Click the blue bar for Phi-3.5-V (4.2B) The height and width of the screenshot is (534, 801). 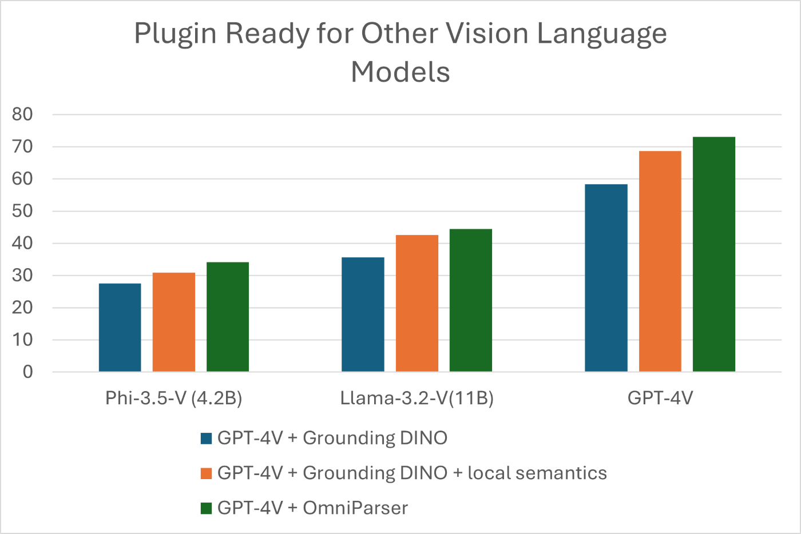(x=120, y=328)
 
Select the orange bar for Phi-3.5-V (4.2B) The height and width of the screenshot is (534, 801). (x=174, y=322)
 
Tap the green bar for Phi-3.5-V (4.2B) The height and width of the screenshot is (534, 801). (x=228, y=317)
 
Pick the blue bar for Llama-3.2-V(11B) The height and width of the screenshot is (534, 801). (x=363, y=314)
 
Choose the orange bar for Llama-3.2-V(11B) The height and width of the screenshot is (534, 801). (x=417, y=304)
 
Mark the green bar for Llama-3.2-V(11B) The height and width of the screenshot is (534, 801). (x=471, y=300)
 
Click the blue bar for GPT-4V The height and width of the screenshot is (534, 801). (x=606, y=278)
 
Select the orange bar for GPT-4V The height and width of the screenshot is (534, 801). (x=660, y=261)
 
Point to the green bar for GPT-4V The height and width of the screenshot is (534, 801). (x=714, y=254)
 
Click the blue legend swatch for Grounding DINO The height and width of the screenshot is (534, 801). (x=207, y=439)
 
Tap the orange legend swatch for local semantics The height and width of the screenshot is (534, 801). (x=207, y=473)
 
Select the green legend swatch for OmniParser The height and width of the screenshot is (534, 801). (x=207, y=508)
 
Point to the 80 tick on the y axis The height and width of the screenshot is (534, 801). (x=23, y=114)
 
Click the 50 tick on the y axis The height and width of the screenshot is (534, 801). (x=23, y=211)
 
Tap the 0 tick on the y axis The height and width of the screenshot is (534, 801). (x=28, y=372)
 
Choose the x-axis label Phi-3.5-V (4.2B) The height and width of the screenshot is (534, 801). (x=174, y=398)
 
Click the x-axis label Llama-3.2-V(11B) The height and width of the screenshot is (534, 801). (x=417, y=398)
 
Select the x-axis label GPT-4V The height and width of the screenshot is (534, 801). (x=660, y=398)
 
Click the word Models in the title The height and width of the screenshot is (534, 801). (x=400, y=73)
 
